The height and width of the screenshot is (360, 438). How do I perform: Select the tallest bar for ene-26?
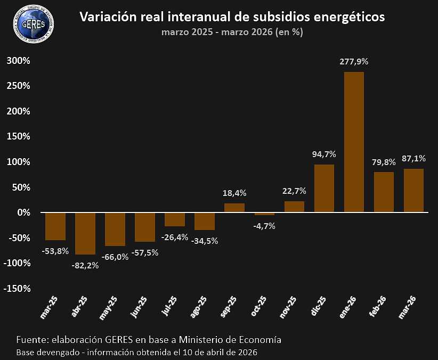354,142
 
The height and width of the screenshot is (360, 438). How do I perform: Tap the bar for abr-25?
85,233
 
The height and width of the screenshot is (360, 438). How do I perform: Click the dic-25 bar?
324,188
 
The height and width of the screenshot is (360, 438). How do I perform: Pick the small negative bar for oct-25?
264,214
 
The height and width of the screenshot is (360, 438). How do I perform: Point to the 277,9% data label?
354,61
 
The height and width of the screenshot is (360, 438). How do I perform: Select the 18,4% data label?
234,193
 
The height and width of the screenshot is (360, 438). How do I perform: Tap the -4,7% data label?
264,226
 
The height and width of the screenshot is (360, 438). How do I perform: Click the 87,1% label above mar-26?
413,158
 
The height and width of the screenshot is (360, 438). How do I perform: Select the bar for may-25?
115,229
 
